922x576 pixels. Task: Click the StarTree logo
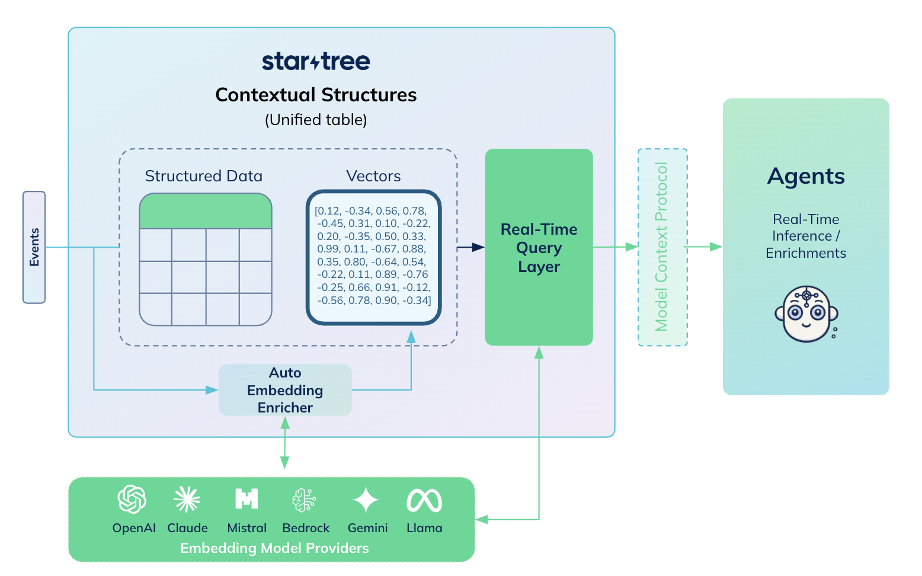(x=316, y=61)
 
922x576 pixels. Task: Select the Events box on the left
(x=34, y=247)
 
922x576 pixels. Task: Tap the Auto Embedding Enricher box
(x=285, y=390)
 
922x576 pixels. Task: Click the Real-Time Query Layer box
(x=539, y=247)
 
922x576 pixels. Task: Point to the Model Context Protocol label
(x=662, y=247)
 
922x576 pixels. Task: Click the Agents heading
(x=806, y=177)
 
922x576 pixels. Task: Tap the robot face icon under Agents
(x=806, y=314)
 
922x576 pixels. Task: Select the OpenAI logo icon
(x=132, y=500)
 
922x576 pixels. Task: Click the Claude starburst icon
(x=187, y=500)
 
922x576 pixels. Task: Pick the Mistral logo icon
(x=246, y=500)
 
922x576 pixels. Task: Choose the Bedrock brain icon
(x=305, y=500)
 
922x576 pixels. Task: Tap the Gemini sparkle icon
(x=366, y=500)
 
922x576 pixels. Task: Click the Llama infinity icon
(x=424, y=501)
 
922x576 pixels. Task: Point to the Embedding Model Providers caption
(x=274, y=548)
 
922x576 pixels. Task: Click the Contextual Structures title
(x=316, y=95)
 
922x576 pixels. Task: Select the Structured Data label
(x=203, y=176)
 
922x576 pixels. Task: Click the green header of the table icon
(x=206, y=212)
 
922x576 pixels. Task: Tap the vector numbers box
(x=373, y=257)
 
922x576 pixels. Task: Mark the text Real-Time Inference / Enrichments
(x=806, y=236)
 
